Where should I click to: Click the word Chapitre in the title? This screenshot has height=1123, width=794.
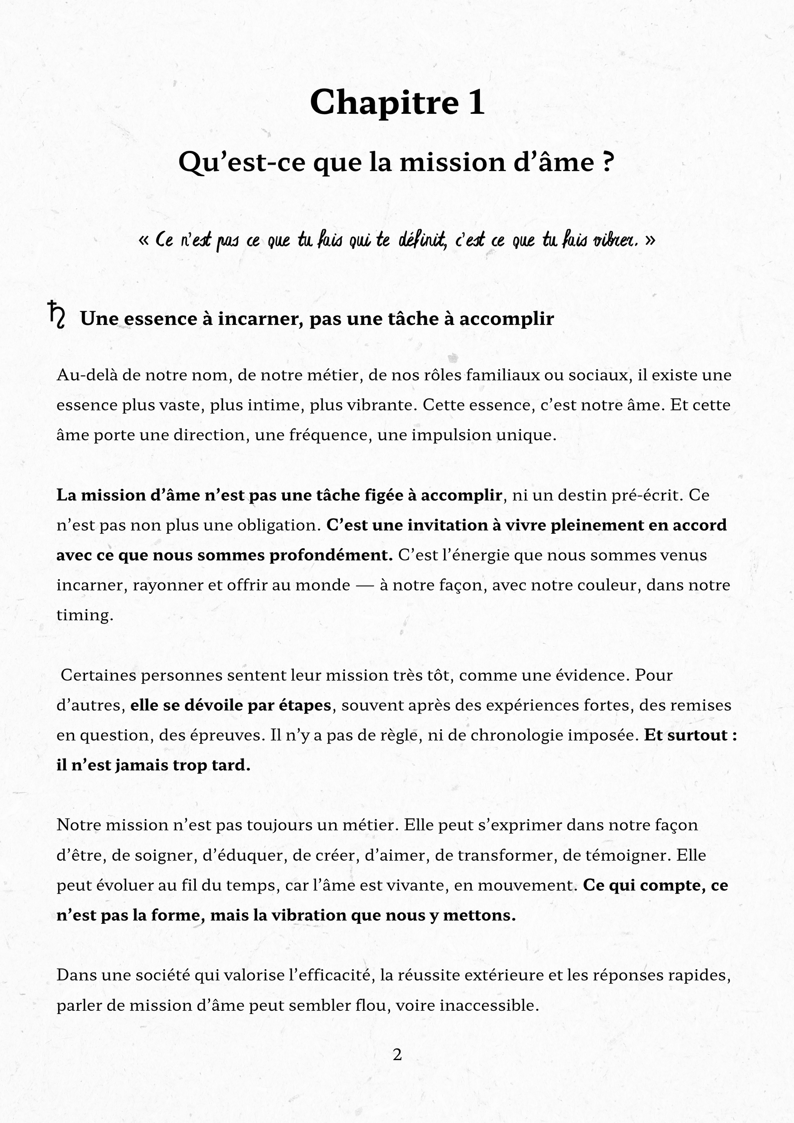pyautogui.click(x=384, y=103)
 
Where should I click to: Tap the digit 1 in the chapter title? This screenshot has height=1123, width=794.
pyautogui.click(x=476, y=103)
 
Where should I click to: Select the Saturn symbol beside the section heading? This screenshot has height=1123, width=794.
pyautogui.click(x=57, y=315)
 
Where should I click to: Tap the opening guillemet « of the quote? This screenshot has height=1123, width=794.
pyautogui.click(x=144, y=240)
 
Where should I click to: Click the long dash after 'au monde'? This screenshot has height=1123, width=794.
pyautogui.click(x=365, y=586)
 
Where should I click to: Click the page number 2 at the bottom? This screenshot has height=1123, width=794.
pyautogui.click(x=397, y=1054)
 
